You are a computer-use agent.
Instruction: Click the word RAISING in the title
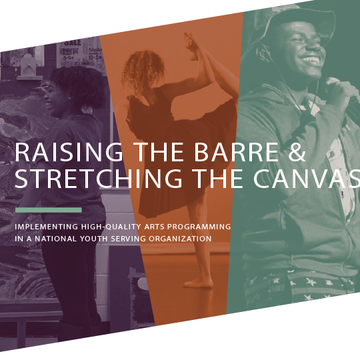69,152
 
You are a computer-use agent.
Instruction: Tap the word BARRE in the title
237,152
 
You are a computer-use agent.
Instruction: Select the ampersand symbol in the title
297,152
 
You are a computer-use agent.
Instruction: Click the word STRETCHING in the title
99,178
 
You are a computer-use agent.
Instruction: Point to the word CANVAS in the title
307,178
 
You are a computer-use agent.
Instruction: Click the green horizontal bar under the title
49,210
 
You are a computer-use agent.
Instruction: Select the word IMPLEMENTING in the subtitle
47,227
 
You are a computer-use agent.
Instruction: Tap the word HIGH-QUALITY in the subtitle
111,227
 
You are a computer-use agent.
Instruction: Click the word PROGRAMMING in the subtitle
199,227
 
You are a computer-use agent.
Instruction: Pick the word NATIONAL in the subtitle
55,239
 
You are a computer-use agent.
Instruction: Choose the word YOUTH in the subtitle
94,239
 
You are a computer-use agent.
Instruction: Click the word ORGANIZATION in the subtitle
180,239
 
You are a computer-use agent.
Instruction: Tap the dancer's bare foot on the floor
199,283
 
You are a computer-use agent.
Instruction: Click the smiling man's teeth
311,60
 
